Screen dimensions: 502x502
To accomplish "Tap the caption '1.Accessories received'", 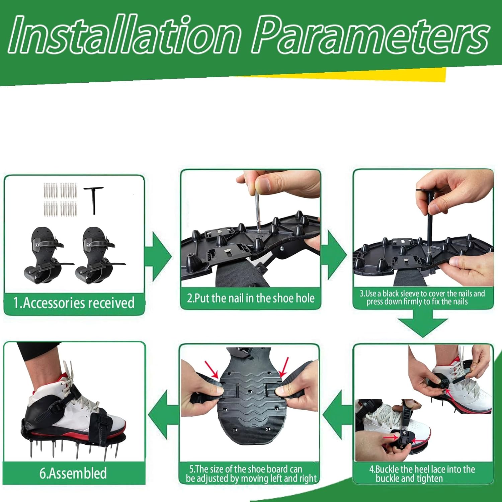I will click(x=74, y=303).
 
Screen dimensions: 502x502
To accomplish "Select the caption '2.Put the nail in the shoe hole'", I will click(x=251, y=298).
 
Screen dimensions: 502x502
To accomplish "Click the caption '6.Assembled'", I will click(x=73, y=473).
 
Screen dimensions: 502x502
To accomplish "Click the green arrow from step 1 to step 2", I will click(x=159, y=256).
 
